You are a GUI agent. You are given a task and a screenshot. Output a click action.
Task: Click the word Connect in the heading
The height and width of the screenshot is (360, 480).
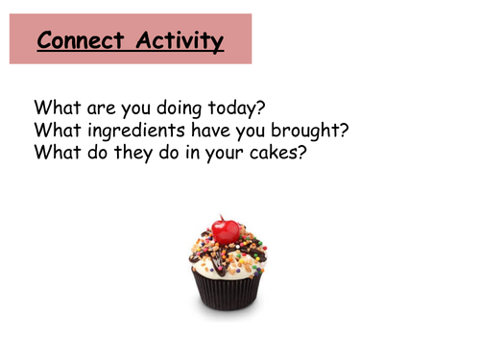click(x=82, y=41)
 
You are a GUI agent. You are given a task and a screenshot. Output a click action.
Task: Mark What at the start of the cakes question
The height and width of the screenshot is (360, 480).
click(x=54, y=152)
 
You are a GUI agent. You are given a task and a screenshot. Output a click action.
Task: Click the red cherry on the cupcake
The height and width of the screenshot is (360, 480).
click(x=226, y=231)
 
